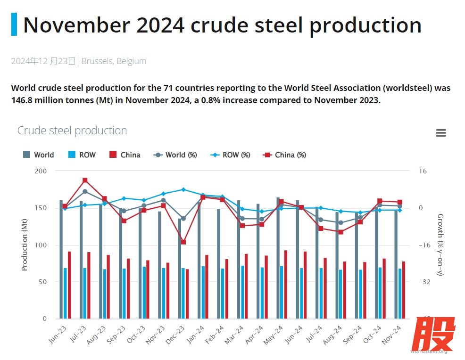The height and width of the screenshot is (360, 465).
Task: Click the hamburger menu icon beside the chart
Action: (x=441, y=133)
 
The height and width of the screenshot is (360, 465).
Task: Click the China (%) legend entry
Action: (x=285, y=155)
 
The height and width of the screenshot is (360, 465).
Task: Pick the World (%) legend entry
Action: (x=175, y=155)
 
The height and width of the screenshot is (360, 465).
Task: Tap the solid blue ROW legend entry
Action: (x=82, y=155)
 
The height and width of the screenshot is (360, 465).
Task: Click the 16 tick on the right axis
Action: (x=423, y=171)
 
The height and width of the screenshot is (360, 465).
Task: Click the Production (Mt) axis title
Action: (x=25, y=245)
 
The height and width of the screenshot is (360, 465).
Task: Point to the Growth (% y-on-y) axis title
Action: (x=440, y=245)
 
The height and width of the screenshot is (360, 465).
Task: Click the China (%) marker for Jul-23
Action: (x=85, y=180)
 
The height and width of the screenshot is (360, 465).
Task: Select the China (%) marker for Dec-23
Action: (x=183, y=242)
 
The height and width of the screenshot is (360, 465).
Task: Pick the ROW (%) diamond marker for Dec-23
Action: (x=183, y=189)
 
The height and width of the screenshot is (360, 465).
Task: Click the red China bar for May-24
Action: (x=286, y=284)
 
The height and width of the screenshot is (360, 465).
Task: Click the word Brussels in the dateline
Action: (x=97, y=61)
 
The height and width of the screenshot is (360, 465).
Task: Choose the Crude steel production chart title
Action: (x=72, y=131)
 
